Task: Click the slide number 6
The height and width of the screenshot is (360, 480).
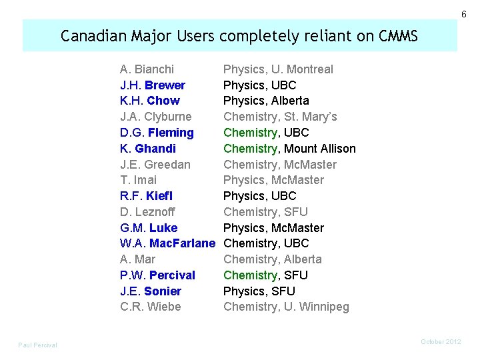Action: (464, 15)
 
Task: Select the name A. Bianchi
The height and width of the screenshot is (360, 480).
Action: (147, 69)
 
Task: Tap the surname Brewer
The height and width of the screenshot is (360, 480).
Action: (165, 85)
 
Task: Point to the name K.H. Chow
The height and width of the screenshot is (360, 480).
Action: (150, 101)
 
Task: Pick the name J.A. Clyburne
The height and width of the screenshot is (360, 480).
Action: (156, 117)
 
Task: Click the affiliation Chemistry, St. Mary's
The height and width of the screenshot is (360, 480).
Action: (280, 117)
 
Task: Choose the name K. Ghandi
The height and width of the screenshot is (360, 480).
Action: (148, 149)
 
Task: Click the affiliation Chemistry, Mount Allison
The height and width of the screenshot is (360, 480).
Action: (289, 149)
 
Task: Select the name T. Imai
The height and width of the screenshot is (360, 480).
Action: (139, 180)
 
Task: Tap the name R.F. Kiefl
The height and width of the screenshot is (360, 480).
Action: (146, 196)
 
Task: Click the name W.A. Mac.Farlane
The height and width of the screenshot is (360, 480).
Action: (168, 243)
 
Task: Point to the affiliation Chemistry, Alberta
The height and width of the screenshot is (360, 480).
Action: (272, 259)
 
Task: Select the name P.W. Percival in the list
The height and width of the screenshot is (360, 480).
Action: (157, 275)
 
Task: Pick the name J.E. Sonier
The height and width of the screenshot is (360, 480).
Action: (151, 291)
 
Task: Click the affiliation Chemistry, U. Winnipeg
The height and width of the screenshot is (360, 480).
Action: (286, 307)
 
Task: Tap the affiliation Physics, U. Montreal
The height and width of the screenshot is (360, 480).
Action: (278, 69)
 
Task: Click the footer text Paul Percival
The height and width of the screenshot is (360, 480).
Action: (37, 345)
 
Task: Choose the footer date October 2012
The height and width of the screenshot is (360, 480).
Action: (441, 342)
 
